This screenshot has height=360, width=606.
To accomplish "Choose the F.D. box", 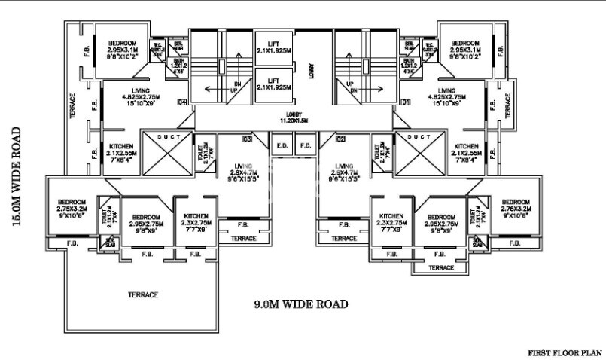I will (306, 145).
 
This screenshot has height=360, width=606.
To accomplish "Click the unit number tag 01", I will (406, 102).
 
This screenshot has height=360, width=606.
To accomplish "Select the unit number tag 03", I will (247, 139).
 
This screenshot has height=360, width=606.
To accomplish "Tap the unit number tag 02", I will (340, 139).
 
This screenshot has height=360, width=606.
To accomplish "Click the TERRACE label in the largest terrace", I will (142, 294).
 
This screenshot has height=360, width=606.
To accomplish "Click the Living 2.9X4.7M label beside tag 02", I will (344, 171).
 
